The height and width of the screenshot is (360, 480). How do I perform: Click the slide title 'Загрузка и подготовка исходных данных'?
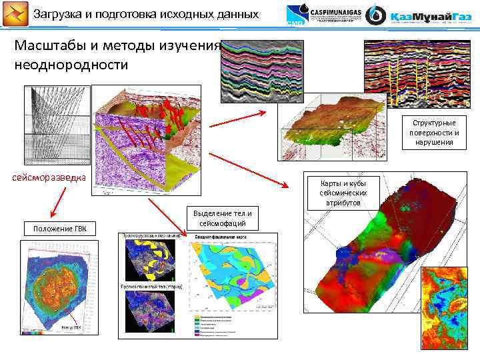145,13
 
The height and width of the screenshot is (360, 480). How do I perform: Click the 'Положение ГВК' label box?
59,229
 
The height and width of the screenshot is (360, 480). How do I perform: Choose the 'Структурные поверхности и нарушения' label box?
433,132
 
